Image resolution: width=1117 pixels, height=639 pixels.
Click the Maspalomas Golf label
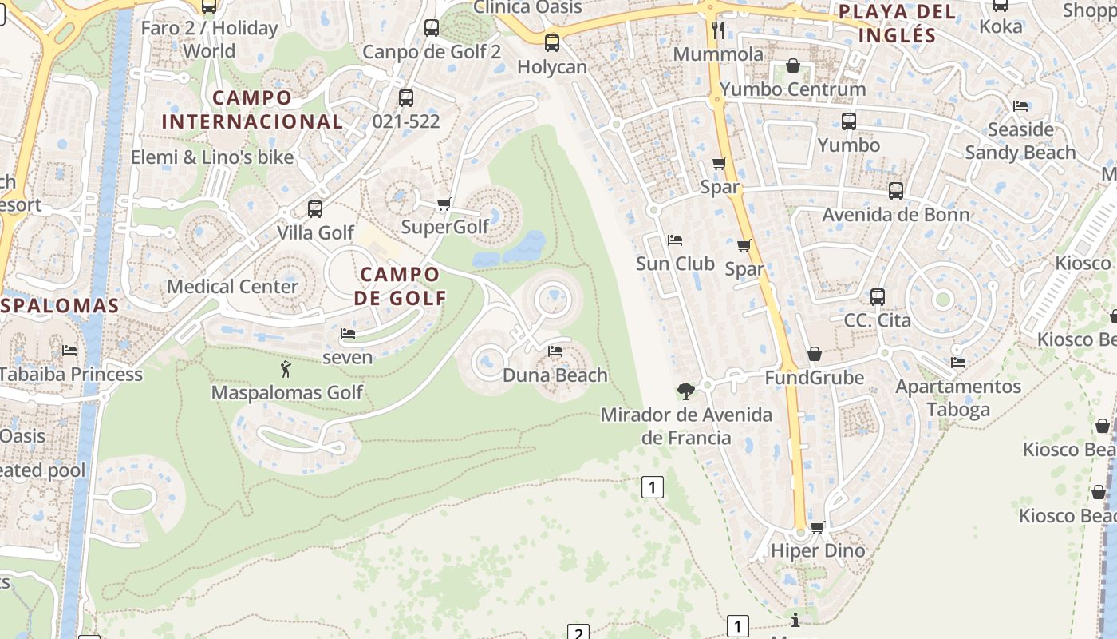(x=286, y=392)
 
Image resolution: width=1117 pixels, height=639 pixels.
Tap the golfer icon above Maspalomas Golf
(x=286, y=369)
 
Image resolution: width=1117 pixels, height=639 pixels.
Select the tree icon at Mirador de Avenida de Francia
(x=685, y=391)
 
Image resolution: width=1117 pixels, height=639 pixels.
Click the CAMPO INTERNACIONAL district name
(x=252, y=109)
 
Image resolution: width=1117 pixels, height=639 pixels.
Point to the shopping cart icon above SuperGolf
(x=444, y=204)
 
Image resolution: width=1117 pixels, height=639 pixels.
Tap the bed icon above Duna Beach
(x=555, y=351)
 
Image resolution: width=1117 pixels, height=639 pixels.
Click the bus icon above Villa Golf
(x=315, y=209)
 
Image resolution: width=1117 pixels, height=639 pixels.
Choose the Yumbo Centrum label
(x=792, y=89)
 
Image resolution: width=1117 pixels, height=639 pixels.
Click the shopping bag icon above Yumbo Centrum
(x=793, y=65)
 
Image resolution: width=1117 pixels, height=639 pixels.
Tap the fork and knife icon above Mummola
(x=718, y=30)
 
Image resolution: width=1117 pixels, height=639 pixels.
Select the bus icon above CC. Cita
(x=878, y=297)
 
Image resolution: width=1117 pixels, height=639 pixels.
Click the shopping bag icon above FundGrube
(x=815, y=354)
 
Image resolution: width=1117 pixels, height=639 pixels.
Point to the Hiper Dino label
(x=818, y=550)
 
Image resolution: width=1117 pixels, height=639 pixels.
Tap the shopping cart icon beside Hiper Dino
(x=817, y=527)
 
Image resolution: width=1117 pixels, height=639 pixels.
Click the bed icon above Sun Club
(x=675, y=240)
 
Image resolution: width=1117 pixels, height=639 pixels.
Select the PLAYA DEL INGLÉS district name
(x=898, y=23)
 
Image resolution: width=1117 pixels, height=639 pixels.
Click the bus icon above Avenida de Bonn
(x=896, y=191)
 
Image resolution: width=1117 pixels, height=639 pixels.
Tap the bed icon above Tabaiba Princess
(x=70, y=351)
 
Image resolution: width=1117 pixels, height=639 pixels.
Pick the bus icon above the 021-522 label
(x=406, y=98)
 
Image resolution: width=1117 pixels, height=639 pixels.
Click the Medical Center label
(x=232, y=286)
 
